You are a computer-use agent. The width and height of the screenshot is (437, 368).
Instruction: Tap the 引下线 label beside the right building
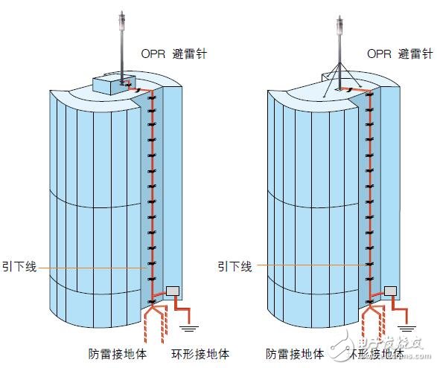point(235,265)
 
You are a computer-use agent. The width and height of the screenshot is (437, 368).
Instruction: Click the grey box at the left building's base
point(174,291)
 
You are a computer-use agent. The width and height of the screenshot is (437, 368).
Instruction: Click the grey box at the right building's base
point(389,291)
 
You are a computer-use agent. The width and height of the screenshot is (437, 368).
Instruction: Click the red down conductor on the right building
point(368,186)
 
